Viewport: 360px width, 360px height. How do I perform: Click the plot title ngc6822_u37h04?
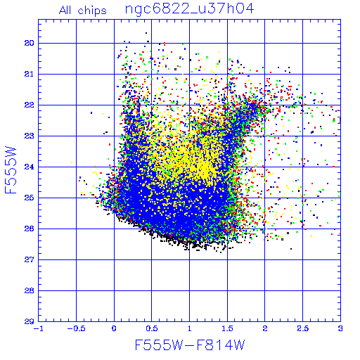189,9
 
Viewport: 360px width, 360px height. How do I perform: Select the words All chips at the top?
83,11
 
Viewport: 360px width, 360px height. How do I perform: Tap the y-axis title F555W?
11,170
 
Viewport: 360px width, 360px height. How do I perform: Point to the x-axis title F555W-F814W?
190,345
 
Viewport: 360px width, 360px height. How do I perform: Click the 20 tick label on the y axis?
29,43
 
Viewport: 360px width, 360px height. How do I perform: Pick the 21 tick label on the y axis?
29,74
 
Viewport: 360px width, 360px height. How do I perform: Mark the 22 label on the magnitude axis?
29,105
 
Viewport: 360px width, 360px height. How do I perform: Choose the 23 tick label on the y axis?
29,136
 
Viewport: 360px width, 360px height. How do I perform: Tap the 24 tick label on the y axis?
29,167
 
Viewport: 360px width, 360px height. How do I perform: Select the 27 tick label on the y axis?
29,259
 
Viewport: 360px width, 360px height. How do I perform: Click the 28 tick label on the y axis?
29,290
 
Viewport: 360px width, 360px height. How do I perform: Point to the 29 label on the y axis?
29,321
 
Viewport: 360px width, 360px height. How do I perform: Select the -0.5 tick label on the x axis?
76,328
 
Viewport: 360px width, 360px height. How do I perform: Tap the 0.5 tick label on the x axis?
152,328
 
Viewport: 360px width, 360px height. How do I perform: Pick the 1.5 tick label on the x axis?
227,328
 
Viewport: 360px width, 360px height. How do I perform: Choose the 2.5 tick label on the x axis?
303,328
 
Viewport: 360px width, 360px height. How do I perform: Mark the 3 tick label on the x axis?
340,328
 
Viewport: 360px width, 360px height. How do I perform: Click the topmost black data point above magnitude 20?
146,33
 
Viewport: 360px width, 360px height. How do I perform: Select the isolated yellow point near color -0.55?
72,162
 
